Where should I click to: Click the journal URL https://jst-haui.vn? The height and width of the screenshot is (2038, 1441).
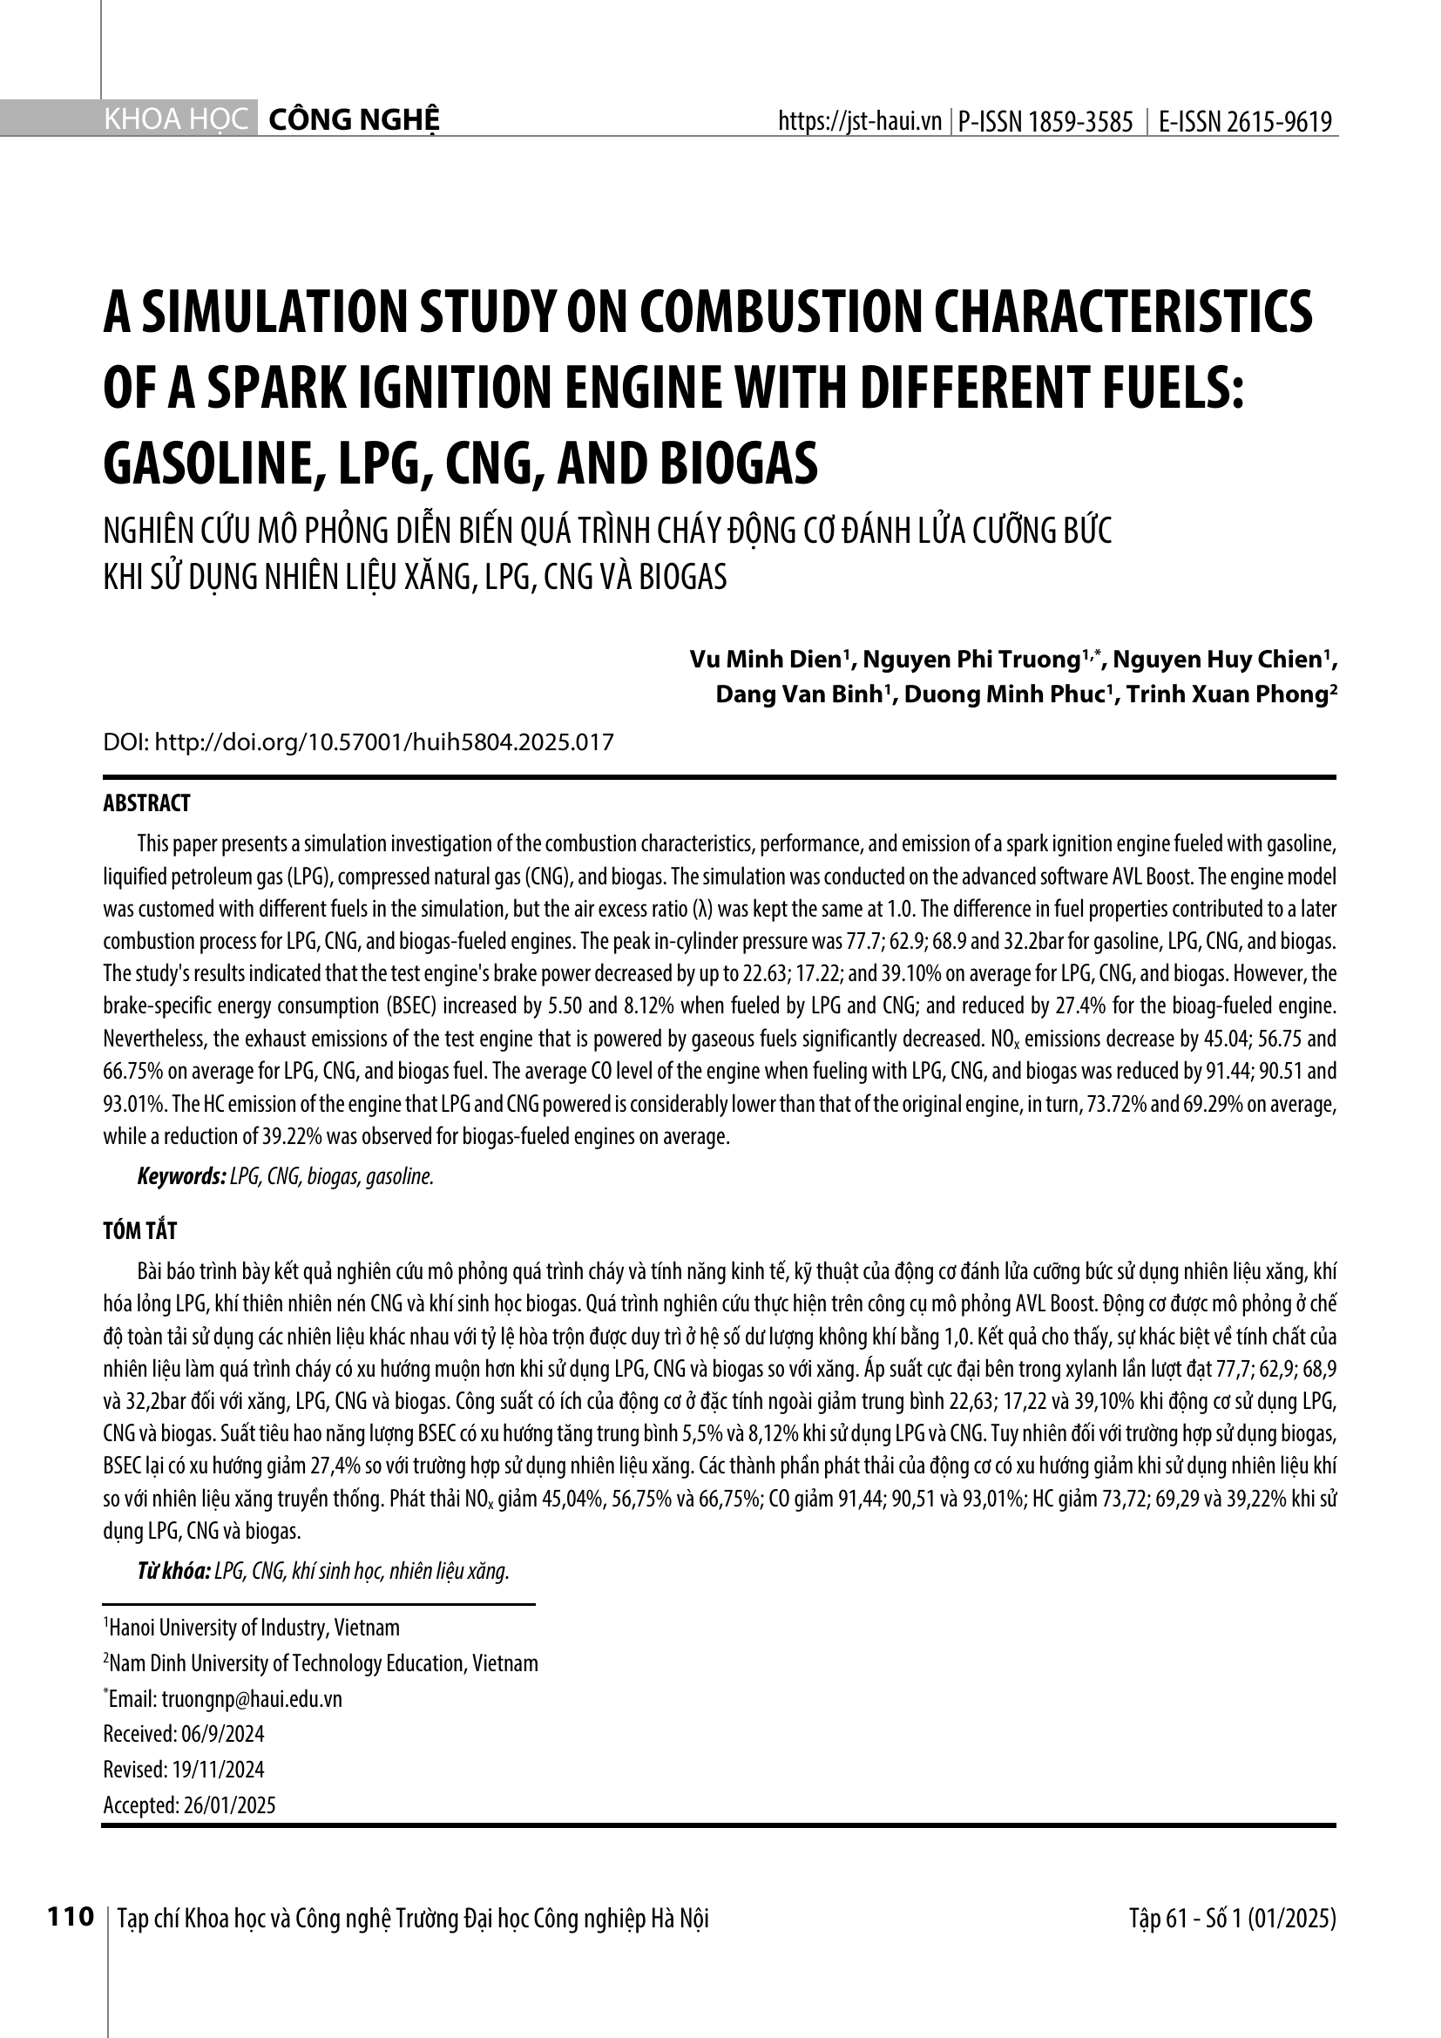[859, 122]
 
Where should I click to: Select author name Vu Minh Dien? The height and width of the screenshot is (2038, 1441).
[766, 660]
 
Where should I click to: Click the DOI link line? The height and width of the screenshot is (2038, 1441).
[358, 742]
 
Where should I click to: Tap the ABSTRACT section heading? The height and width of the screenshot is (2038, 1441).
[146, 804]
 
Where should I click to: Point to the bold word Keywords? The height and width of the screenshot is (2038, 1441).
[181, 1177]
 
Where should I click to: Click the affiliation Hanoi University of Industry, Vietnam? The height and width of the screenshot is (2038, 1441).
[254, 1628]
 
